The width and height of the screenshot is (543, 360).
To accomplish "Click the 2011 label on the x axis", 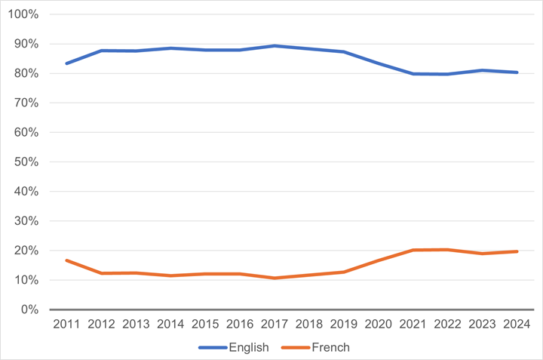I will (67, 325).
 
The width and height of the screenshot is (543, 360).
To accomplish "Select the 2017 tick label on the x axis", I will (275, 325).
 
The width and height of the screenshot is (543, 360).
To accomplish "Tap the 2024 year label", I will (516, 325).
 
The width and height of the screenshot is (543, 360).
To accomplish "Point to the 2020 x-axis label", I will (378, 325).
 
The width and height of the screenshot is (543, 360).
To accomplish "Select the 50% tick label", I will (26, 162).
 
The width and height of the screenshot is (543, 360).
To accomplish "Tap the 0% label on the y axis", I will (29, 309).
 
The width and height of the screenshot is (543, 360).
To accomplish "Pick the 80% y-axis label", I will (26, 73).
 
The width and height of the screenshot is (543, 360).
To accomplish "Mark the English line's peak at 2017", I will (275, 46).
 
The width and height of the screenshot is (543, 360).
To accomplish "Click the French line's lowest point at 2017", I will (275, 278).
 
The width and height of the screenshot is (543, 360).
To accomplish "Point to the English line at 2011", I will (67, 63).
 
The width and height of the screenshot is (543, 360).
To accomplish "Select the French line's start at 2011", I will (67, 260).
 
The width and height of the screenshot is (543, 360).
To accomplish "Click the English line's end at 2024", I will (516, 72).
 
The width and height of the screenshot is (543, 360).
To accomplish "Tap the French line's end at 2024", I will (516, 251).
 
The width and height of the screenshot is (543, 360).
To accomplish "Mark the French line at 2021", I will (413, 250).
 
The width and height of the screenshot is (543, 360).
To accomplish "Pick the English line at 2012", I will (102, 51).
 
